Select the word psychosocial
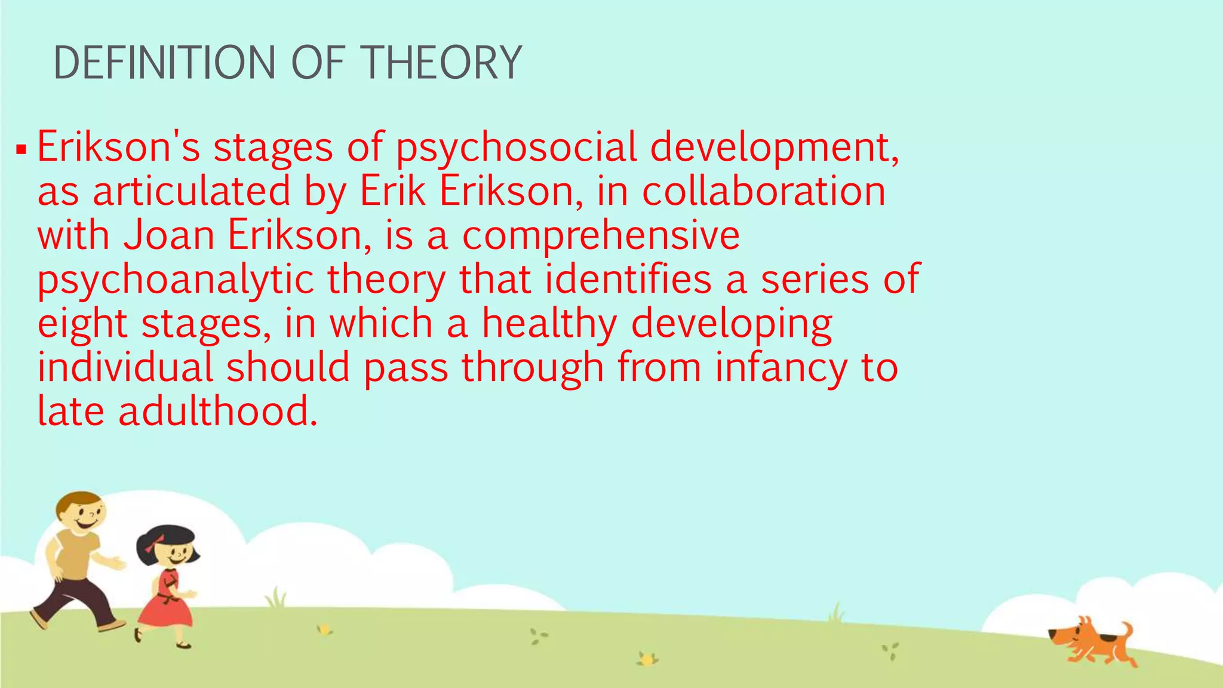517,148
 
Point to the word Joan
169,235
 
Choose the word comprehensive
601,236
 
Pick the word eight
82,325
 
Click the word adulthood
218,411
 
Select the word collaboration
764,192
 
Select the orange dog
1093,643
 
